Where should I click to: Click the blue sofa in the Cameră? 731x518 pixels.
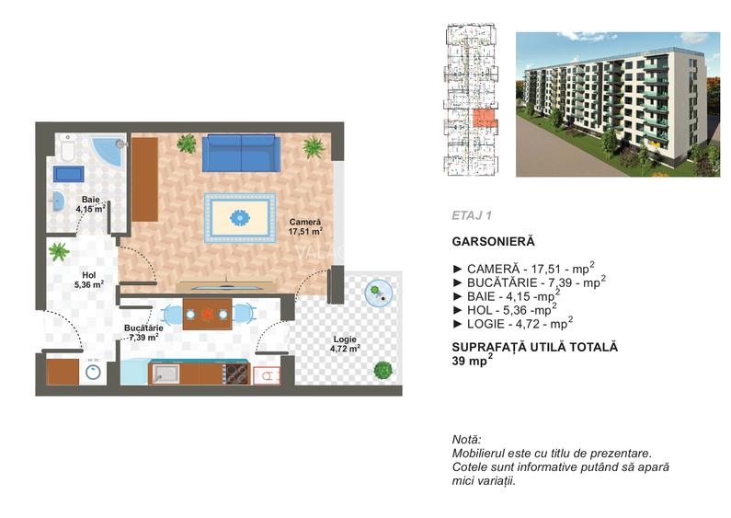coord(239,152)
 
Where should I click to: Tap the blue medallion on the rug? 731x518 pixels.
coord(239,218)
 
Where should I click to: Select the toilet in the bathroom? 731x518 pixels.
coord(68,148)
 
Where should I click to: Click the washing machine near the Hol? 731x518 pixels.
coord(93,372)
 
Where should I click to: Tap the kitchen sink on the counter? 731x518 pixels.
coord(166,373)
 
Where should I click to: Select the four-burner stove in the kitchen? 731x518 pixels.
coord(234,374)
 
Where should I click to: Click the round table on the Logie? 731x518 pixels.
coord(376,294)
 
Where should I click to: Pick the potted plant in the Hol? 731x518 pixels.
coord(60,250)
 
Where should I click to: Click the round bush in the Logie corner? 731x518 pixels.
coord(382,370)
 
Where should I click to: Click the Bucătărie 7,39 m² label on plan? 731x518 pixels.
coord(144,332)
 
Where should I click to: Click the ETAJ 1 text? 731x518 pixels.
coord(473,215)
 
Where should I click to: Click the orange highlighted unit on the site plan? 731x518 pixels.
coord(482,116)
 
